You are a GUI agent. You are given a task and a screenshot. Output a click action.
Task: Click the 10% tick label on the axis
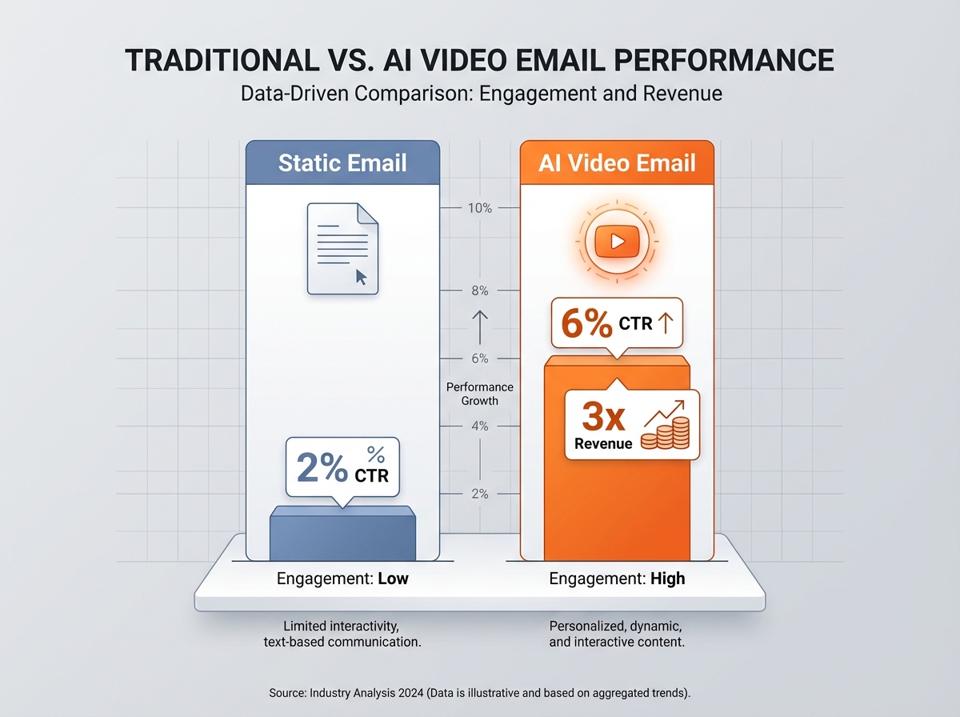pos(479,208)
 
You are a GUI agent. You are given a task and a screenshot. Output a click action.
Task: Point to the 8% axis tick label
pos(479,291)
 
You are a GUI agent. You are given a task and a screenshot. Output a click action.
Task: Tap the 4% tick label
pos(479,427)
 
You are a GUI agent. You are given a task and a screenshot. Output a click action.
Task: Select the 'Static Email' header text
pos(342,163)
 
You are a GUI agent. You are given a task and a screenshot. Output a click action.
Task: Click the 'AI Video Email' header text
pos(617,163)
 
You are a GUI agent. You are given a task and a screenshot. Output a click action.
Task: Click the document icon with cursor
pos(342,248)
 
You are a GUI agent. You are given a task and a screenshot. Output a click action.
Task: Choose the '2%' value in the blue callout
pos(322,467)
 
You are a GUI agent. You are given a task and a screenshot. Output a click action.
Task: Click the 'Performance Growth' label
pos(480,394)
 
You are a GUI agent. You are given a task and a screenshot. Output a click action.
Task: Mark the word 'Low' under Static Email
pos(393,579)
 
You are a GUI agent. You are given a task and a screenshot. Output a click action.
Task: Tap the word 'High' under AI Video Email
pos(667,579)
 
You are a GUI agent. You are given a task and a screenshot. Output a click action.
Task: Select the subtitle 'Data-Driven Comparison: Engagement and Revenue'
pos(481,94)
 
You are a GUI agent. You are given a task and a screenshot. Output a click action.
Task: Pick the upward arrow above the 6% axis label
pos(480,326)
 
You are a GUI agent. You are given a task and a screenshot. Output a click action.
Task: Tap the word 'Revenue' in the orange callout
pos(603,444)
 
